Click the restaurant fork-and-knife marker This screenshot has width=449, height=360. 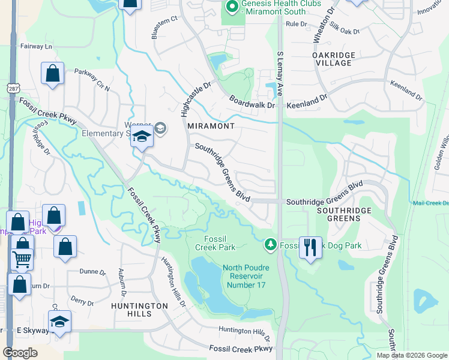tap(310, 247)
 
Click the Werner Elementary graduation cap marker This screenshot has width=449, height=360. tap(142, 137)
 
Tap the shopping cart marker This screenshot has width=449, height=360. tap(22, 260)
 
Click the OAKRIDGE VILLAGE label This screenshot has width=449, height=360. tap(334, 59)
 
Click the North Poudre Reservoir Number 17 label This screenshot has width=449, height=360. tap(246, 276)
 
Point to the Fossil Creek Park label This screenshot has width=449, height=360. tap(218, 243)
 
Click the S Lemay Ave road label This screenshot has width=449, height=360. tap(280, 71)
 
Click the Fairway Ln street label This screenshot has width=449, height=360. tap(37, 46)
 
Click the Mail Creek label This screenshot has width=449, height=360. tap(430, 203)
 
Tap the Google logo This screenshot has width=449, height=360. tap(20, 353)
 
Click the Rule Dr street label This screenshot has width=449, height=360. tap(296, 24)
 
